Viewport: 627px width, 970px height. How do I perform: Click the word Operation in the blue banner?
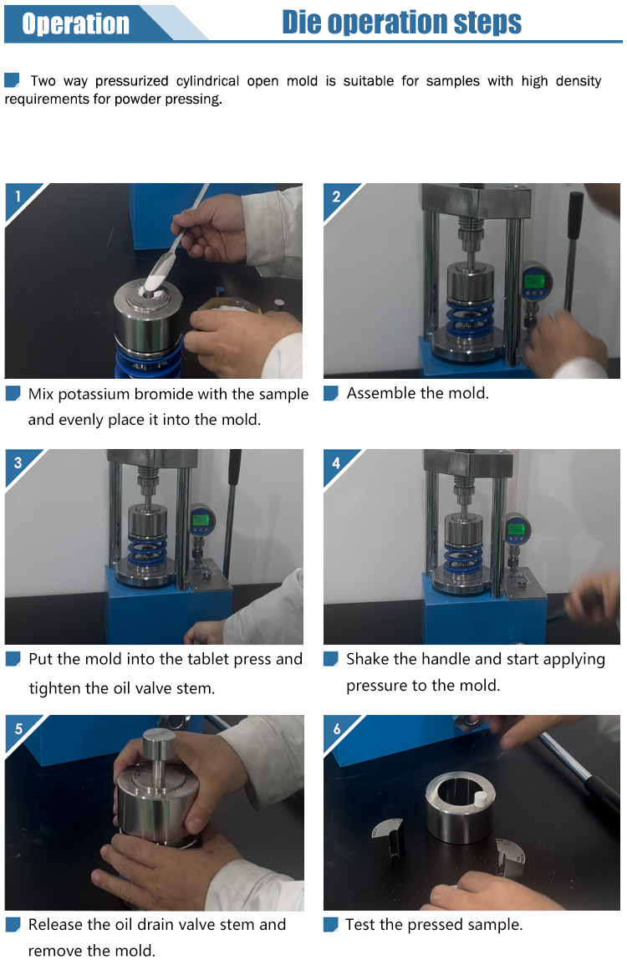[x=75, y=23]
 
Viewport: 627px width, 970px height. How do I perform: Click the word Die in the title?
[x=301, y=23]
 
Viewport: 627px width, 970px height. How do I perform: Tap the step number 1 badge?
[x=18, y=197]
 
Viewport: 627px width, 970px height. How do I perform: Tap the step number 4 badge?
[x=336, y=462]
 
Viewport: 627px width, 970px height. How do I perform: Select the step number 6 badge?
[x=336, y=728]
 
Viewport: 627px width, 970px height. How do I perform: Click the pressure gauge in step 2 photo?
[x=535, y=282]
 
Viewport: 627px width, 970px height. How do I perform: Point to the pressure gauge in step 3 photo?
[x=201, y=519]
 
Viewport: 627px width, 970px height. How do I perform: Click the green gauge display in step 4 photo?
[x=517, y=529]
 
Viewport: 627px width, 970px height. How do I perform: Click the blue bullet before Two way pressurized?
[x=12, y=79]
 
